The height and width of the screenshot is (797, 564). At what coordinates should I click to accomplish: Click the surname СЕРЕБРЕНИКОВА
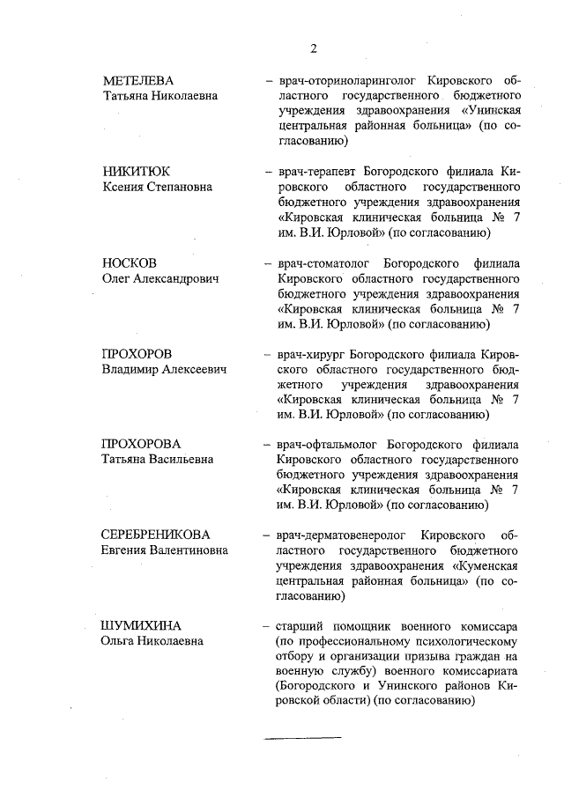point(156,535)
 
